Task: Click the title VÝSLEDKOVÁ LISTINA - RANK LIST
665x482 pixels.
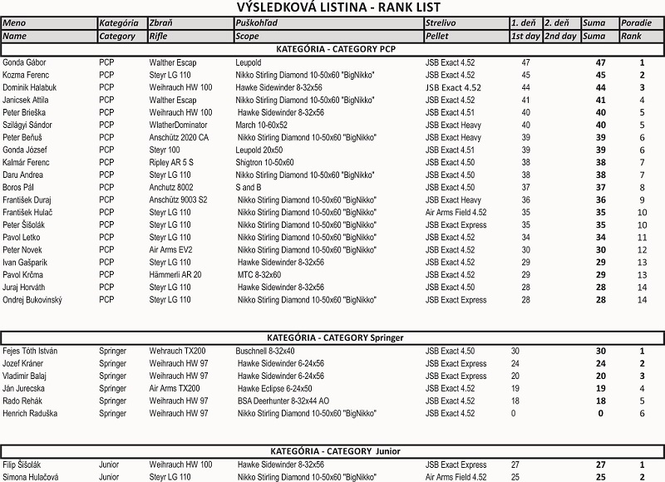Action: [x=332, y=7]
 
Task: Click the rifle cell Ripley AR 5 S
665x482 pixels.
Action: [x=171, y=162]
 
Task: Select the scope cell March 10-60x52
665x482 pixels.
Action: [x=262, y=125]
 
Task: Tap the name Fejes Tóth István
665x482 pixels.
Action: [x=30, y=351]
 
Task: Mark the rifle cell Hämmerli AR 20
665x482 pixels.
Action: [x=175, y=274]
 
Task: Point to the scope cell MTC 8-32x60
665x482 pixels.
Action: [x=259, y=274]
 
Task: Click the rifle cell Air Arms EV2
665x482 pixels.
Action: [x=170, y=249]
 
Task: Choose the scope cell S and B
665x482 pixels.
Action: [x=249, y=187]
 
